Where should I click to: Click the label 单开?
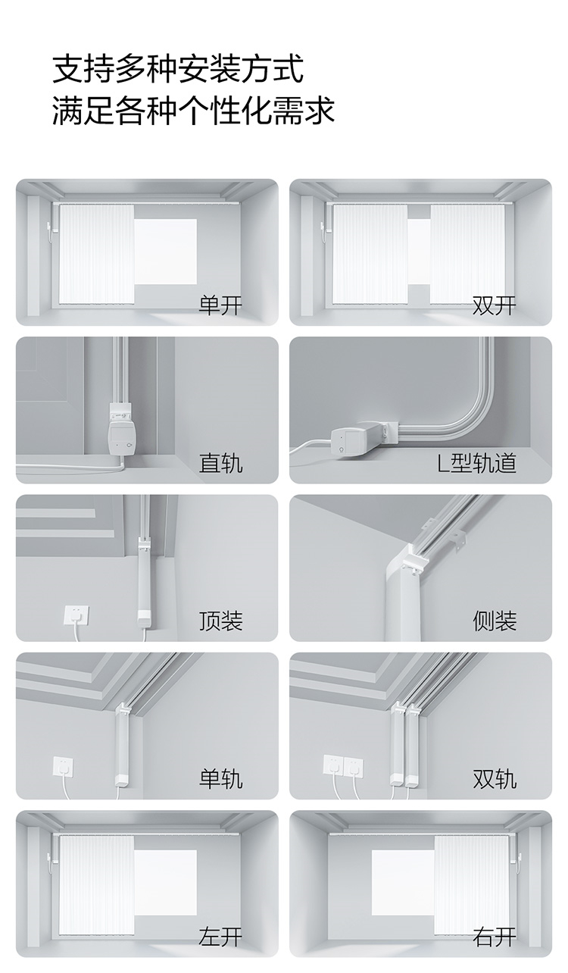(x=220, y=305)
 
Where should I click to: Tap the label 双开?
(x=495, y=305)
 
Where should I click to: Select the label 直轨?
(x=220, y=463)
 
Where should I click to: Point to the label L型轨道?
(x=476, y=463)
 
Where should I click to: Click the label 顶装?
(x=220, y=621)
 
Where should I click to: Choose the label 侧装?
(x=495, y=621)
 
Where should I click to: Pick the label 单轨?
(x=220, y=778)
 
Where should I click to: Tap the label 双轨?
(x=495, y=778)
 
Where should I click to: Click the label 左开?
(x=220, y=936)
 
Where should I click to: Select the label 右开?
(x=495, y=936)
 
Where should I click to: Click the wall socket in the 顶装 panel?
(x=76, y=615)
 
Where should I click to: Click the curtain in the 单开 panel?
(x=96, y=254)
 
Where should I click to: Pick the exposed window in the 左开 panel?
(x=165, y=882)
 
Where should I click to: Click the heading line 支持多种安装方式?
(x=178, y=69)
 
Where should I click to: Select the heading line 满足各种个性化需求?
(x=194, y=110)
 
